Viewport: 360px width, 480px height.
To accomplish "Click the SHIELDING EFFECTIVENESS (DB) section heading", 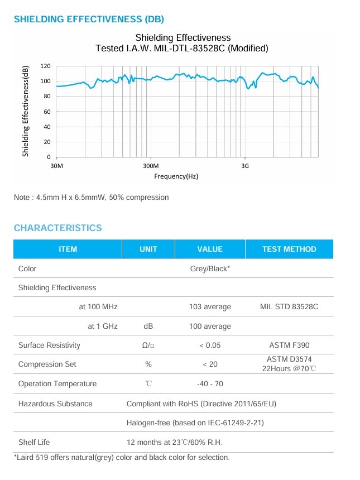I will coord(89,19).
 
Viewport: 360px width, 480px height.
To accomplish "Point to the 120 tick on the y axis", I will coord(46,66).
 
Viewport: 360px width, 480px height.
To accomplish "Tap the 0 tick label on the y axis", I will coord(49,157).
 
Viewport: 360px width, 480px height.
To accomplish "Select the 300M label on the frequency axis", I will coord(151,166).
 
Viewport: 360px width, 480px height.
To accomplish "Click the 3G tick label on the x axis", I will coord(244,166).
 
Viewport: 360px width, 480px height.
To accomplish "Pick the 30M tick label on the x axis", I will coord(56,166).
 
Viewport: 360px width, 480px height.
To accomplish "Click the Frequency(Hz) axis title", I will coord(176,176).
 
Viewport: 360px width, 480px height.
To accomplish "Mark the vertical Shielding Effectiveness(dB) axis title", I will coord(25,111).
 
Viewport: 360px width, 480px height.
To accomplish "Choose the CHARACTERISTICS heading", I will coord(57,228).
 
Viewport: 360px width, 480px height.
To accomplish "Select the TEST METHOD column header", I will coord(289,249).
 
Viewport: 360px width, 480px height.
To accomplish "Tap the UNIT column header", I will coord(148,249).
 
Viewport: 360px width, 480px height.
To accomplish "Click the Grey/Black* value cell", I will coord(210,268).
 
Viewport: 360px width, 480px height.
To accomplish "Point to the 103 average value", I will coord(210,307).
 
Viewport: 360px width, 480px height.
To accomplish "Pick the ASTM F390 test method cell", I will coord(289,345).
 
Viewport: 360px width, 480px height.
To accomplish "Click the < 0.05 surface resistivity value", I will coord(210,345).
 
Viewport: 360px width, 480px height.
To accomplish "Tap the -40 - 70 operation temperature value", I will coord(210,383).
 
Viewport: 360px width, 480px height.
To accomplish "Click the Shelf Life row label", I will coord(34,442).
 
